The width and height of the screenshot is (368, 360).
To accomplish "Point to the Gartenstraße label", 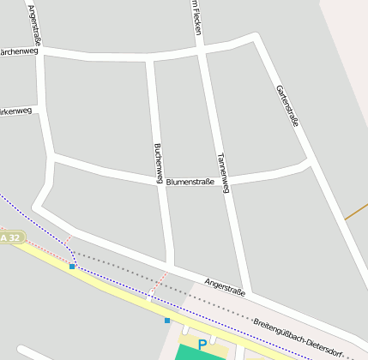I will click(287, 106).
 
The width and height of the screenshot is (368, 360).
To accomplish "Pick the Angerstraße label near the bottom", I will click(225, 287).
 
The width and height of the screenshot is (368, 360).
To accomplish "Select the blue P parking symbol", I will click(202, 345).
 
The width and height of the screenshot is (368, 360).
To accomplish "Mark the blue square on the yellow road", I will click(73, 267).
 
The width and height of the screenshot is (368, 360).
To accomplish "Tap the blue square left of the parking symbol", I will click(167, 321).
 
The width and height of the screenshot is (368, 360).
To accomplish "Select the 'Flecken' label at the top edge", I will click(196, 17).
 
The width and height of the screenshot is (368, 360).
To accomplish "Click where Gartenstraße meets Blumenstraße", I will click(308, 160).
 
